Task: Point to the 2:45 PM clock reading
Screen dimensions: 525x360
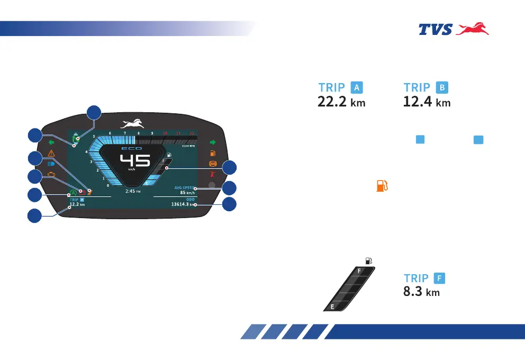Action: click(132, 191)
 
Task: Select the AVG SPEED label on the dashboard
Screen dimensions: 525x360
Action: click(184, 188)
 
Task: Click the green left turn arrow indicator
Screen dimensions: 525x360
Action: click(51, 142)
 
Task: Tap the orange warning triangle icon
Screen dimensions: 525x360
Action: click(51, 153)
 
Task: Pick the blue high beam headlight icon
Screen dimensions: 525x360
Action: click(51, 164)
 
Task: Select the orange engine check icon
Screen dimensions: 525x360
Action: click(51, 174)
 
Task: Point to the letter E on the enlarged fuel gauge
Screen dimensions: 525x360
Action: click(332, 307)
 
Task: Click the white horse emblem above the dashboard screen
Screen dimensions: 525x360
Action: click(132, 124)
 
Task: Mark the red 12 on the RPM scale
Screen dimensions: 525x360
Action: click(192, 133)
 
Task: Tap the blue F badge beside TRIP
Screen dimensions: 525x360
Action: click(439, 277)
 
